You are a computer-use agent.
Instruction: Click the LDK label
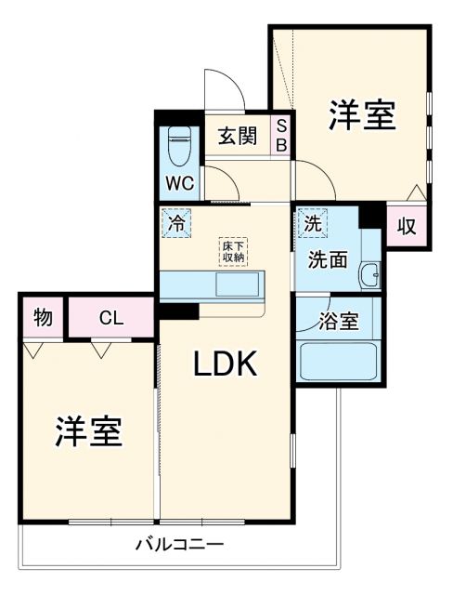click(x=225, y=365)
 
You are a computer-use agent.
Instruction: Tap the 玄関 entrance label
click(x=237, y=137)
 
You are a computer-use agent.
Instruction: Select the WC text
click(x=179, y=183)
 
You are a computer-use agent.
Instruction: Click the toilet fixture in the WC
click(x=179, y=146)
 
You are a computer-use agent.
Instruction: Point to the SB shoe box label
click(x=281, y=137)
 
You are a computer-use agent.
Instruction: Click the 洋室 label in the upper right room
click(x=361, y=116)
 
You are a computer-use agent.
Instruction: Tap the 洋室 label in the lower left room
click(x=89, y=432)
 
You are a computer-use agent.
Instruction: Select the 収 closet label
click(x=406, y=226)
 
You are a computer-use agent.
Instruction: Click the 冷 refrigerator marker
click(x=175, y=223)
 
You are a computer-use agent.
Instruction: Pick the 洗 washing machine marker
click(x=313, y=223)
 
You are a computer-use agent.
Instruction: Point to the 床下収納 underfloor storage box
click(x=232, y=251)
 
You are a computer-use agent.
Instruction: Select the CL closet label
click(x=111, y=318)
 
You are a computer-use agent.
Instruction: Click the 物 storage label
click(x=42, y=317)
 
